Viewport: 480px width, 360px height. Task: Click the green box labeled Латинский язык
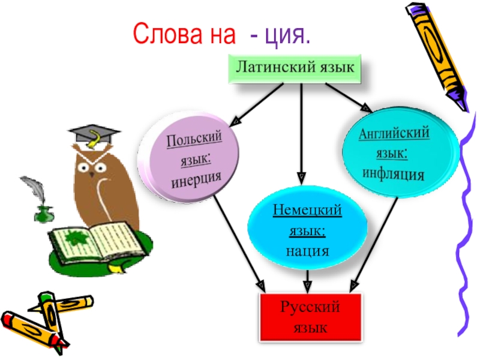[294, 67]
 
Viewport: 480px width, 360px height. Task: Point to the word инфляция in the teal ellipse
[394, 174]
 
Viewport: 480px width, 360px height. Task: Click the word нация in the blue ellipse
[307, 251]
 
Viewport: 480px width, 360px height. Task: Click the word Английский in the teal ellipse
[394, 134]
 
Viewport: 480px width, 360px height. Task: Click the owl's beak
[91, 172]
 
